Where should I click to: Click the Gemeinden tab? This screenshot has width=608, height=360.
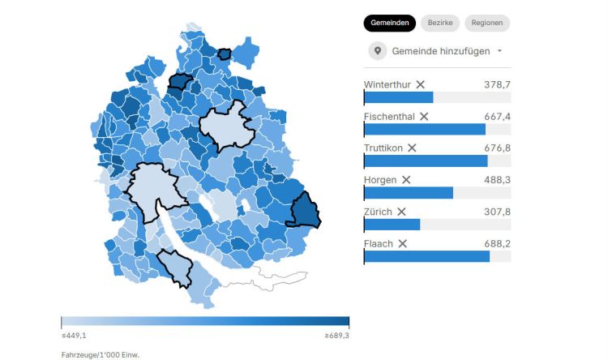tap(389, 24)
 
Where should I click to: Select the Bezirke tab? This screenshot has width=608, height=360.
tap(440, 24)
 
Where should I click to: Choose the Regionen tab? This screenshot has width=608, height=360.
tap(487, 24)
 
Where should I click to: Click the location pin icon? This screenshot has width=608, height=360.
tap(377, 51)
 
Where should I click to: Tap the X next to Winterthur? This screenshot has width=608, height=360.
tap(420, 84)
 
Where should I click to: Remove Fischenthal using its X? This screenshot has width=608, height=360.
tap(424, 117)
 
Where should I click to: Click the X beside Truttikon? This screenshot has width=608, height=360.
tap(412, 148)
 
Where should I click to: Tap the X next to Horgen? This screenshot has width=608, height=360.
tap(406, 180)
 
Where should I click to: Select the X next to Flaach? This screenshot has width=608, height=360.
tap(402, 243)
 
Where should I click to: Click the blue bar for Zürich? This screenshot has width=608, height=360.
tap(392, 225)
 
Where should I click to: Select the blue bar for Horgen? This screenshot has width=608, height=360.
tap(409, 193)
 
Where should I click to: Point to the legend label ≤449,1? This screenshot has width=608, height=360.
tap(75, 335)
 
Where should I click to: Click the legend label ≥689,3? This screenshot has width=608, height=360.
tap(336, 335)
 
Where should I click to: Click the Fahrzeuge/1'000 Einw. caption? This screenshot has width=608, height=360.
tap(94, 354)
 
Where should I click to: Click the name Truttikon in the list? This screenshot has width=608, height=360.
tap(383, 148)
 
